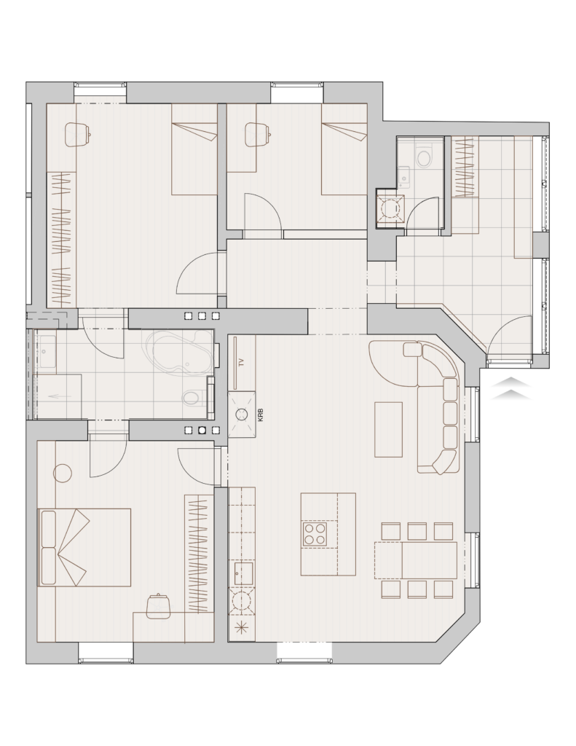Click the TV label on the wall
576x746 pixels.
(x=242, y=363)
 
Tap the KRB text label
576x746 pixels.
(x=260, y=415)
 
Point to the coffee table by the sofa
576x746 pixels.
(x=389, y=430)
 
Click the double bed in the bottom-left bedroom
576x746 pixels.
(x=84, y=547)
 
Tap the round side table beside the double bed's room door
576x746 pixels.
(x=63, y=473)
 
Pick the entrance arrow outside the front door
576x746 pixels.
(x=511, y=388)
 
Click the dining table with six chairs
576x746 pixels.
(x=417, y=560)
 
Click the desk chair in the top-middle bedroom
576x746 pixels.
(x=257, y=135)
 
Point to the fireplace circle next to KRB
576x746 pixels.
(x=242, y=415)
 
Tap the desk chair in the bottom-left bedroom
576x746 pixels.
(x=158, y=606)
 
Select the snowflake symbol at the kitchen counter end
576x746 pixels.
(x=242, y=628)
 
